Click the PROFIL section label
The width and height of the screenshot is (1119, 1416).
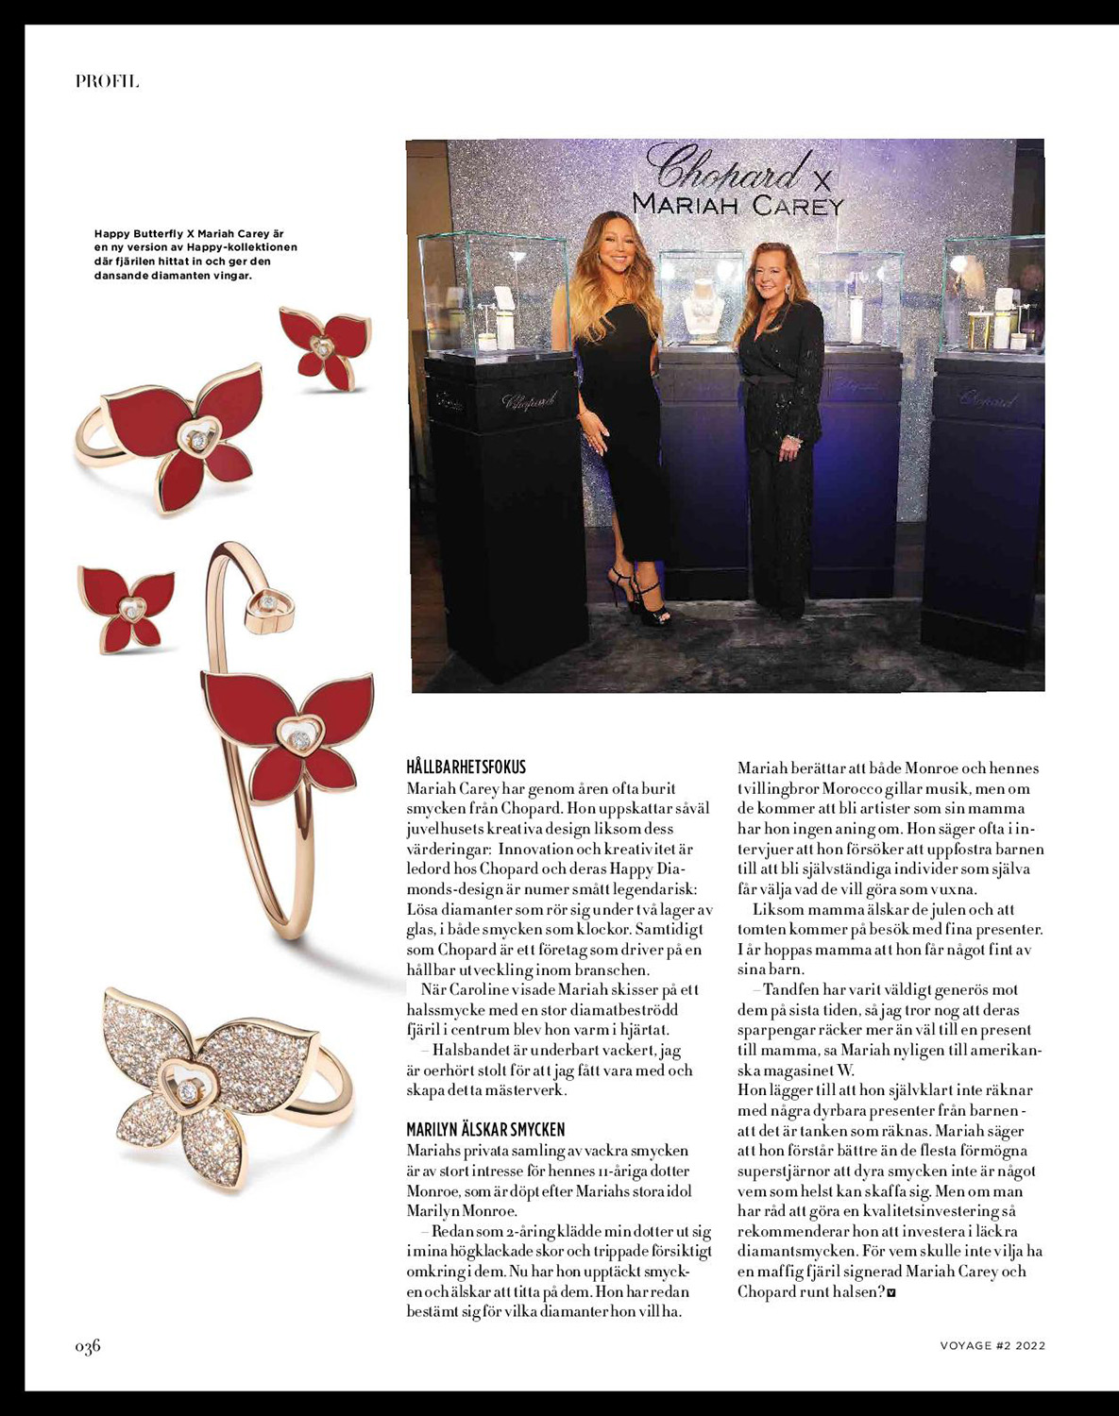107,81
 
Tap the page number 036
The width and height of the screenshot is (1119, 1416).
88,1346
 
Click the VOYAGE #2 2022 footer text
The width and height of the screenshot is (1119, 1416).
992,1346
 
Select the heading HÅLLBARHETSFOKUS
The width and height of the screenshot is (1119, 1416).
466,767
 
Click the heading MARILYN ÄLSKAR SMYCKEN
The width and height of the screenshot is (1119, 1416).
485,1129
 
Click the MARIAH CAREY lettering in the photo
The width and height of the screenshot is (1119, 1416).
737,204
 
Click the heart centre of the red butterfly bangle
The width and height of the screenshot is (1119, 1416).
299,734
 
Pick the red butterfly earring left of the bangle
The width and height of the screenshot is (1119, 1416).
126,606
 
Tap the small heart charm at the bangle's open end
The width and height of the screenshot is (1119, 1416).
270,605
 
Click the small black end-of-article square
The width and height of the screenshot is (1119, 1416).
891,1293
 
